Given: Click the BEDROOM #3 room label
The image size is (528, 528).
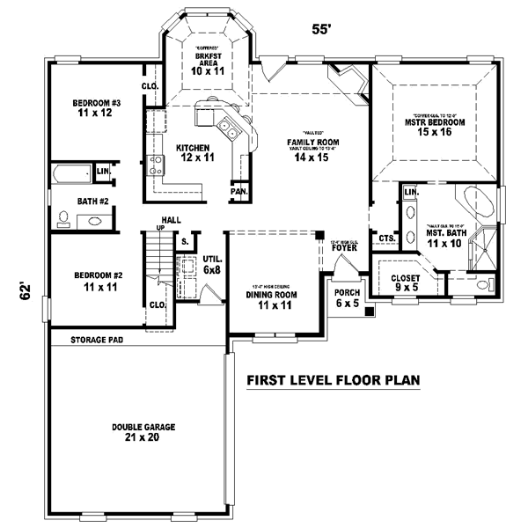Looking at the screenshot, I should click(97, 107).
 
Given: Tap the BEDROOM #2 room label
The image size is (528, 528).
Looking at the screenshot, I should click(99, 281).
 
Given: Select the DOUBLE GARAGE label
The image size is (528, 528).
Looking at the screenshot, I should click(143, 432).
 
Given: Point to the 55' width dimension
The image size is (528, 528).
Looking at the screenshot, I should click(321, 29).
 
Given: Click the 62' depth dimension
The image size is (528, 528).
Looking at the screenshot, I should click(26, 290).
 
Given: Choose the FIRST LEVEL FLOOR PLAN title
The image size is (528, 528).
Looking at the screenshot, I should click(334, 381).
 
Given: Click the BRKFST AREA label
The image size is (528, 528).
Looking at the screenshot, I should click(209, 63).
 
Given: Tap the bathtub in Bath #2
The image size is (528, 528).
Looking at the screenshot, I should click(75, 173).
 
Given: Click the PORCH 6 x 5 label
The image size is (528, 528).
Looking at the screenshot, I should click(347, 298).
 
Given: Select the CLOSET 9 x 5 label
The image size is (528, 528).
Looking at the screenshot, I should click(406, 282).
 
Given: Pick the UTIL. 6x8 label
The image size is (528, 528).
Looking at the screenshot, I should click(210, 265).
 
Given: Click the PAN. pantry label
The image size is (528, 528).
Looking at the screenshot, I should click(238, 191).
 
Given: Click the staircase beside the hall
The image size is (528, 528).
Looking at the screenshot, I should click(156, 264).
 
